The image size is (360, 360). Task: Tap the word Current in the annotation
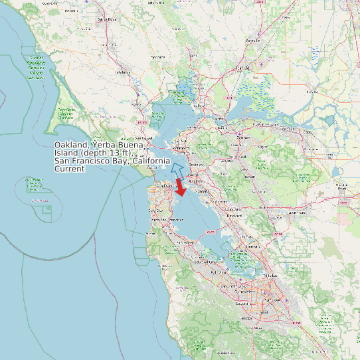coord(69,169)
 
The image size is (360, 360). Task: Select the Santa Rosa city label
coord(106,19)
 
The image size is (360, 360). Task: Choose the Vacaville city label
coord(252,41)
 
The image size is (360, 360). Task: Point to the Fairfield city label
coord(243,68)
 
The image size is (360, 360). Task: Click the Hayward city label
coord(234,216)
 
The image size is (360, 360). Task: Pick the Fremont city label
coord(252,246)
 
